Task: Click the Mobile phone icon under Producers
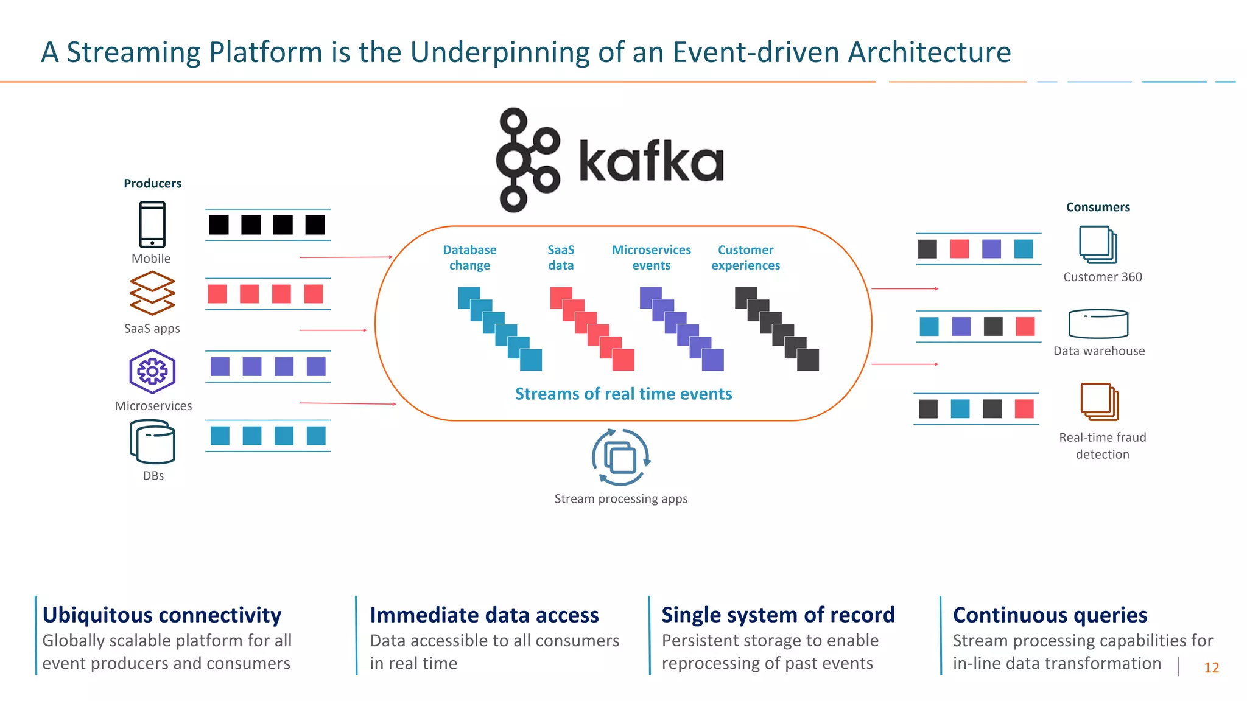click(x=152, y=224)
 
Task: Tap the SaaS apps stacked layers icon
click(x=152, y=293)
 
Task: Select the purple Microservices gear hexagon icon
click(x=152, y=371)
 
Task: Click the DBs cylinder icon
click(x=152, y=442)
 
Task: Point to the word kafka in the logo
click(x=651, y=161)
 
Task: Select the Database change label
click(x=469, y=257)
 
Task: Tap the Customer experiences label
click(x=745, y=257)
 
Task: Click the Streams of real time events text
click(x=623, y=394)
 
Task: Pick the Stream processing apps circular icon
click(x=620, y=458)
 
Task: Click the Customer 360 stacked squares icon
click(x=1098, y=245)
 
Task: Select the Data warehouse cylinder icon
click(x=1098, y=324)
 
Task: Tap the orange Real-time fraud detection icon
click(x=1099, y=402)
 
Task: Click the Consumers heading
click(x=1098, y=207)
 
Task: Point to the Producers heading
click(x=152, y=183)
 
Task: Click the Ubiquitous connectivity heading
click(x=162, y=615)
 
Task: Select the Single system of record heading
click(x=778, y=615)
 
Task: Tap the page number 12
click(x=1211, y=668)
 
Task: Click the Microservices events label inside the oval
click(x=651, y=257)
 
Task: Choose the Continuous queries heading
click(x=1050, y=615)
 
